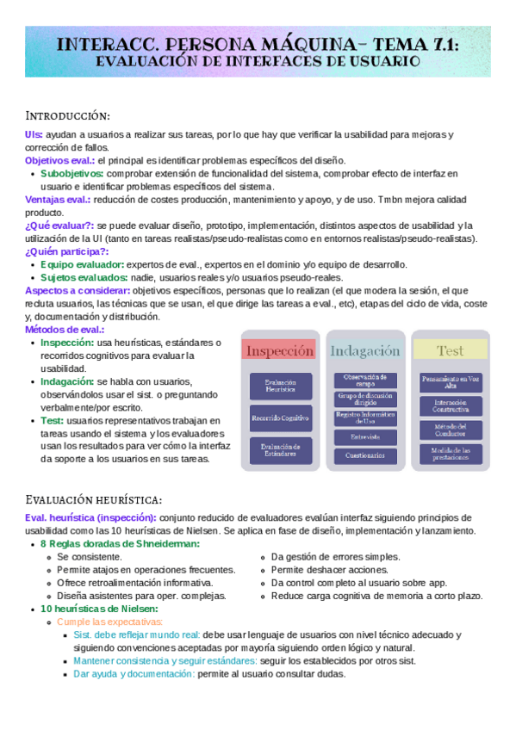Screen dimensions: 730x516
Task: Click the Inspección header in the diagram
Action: tap(280, 351)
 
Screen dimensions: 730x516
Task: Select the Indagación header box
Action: tap(365, 351)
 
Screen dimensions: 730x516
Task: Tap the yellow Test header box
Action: tap(450, 351)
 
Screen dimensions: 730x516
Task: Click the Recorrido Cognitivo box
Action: tap(280, 418)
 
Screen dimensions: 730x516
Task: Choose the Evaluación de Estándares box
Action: tap(280, 449)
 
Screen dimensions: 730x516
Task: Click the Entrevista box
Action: tap(365, 437)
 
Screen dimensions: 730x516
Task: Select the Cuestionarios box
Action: tap(365, 455)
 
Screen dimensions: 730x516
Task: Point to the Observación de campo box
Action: tap(365, 380)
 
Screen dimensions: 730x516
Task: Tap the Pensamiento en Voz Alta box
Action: tap(450, 381)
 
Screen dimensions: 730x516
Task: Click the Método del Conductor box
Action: tap(450, 430)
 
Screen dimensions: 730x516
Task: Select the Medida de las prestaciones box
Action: tap(450, 453)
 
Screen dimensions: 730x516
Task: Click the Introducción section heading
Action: tap(68, 115)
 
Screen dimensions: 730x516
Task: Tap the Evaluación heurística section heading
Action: tap(94, 499)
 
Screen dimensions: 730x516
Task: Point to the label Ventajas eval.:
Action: tap(58, 199)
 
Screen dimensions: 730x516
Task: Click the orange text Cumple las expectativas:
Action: tap(109, 622)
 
